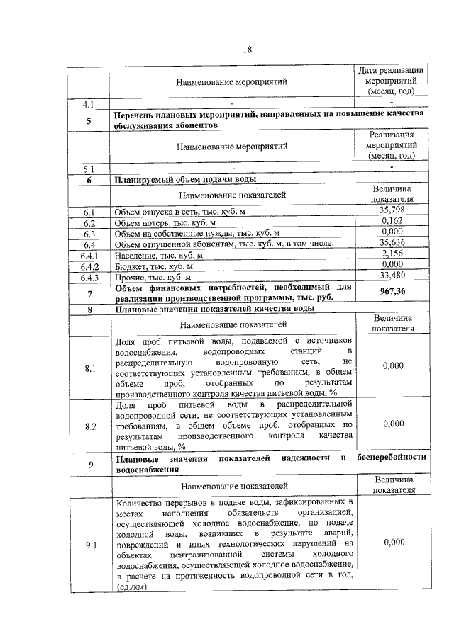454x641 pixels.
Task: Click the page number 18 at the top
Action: tap(248, 49)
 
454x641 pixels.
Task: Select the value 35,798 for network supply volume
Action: tap(392, 210)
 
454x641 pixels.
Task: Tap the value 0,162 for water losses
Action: tap(392, 221)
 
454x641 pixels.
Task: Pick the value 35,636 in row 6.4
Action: tap(392, 243)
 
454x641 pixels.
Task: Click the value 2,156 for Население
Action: tap(392, 254)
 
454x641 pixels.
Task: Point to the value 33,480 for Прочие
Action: tap(392, 276)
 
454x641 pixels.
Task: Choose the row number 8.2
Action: tap(89, 426)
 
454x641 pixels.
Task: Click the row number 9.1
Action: tap(89, 543)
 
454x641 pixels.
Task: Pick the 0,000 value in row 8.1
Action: tap(392, 365)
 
